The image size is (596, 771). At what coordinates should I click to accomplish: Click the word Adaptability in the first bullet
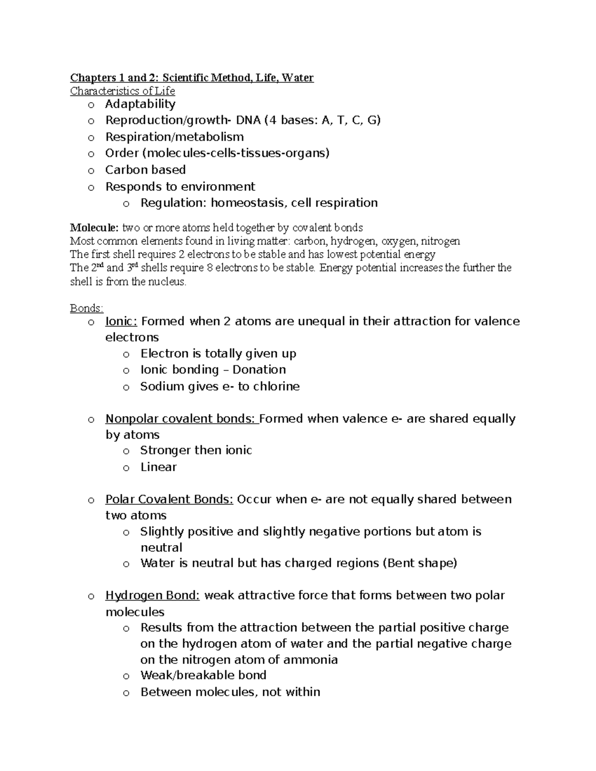(140, 104)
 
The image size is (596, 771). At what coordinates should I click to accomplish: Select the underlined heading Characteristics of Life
(122, 91)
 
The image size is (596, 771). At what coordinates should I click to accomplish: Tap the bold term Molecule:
(94, 228)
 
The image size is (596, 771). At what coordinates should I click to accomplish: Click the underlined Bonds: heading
(86, 308)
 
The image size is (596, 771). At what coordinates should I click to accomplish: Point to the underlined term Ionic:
(121, 321)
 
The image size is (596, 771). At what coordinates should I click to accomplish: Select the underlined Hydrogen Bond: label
(152, 595)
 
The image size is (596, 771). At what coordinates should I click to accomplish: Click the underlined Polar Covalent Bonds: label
(169, 499)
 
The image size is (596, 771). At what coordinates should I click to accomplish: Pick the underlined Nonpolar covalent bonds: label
(182, 419)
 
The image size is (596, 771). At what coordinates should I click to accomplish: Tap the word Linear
(158, 467)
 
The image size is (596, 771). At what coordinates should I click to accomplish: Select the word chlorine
(276, 386)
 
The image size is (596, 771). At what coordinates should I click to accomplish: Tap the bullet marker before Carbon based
(90, 171)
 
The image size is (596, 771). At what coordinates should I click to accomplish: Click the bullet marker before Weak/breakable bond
(126, 676)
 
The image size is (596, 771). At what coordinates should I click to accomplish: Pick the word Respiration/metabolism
(174, 137)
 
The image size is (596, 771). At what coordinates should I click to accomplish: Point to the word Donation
(259, 369)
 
